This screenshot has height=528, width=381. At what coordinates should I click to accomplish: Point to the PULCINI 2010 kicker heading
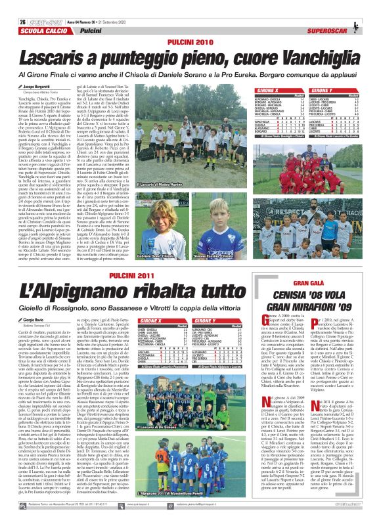tap(190, 41)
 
